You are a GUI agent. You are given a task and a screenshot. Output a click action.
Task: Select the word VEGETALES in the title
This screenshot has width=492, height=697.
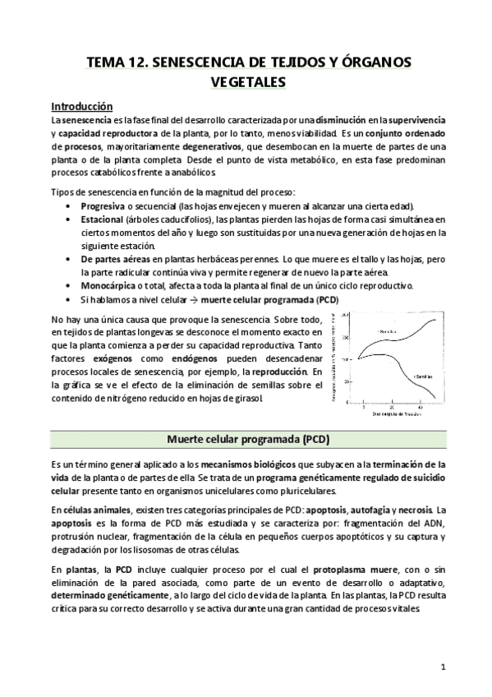(246, 83)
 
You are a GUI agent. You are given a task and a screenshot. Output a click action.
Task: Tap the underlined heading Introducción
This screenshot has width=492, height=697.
(81, 107)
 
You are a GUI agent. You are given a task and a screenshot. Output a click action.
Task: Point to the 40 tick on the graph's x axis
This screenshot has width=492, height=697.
(421, 406)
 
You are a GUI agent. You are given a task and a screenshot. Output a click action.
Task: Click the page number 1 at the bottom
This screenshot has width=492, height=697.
(442, 667)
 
